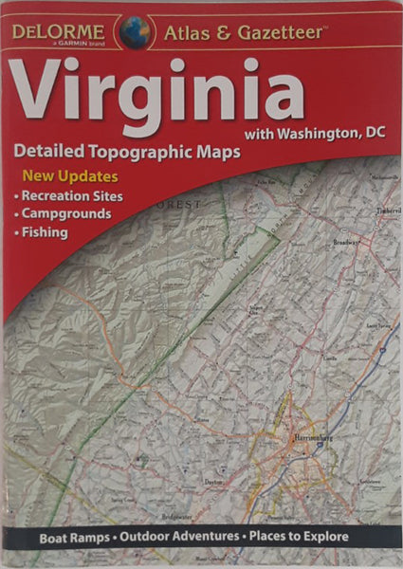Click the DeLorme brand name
tap(59, 27)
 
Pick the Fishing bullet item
tap(45, 232)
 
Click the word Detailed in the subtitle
tap(50, 152)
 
